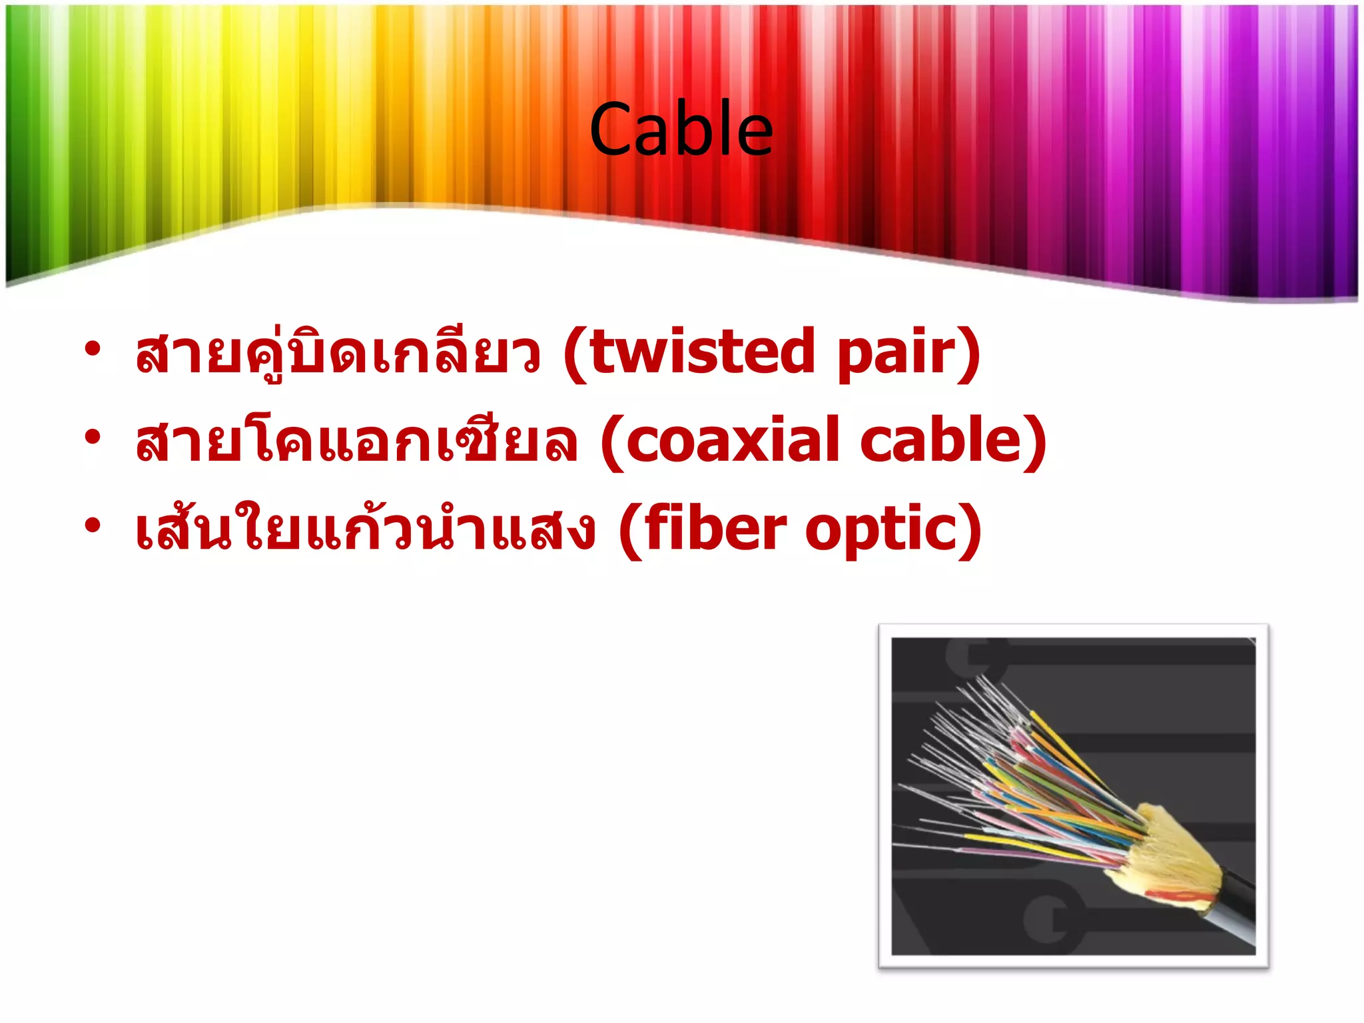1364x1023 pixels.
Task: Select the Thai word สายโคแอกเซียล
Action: point(356,440)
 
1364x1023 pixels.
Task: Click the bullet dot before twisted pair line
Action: point(93,348)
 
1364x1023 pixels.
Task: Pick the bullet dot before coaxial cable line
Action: point(93,437)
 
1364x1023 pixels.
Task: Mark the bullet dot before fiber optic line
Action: point(93,525)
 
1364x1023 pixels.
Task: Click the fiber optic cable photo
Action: point(1073,796)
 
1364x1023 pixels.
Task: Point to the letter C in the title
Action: point(611,131)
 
